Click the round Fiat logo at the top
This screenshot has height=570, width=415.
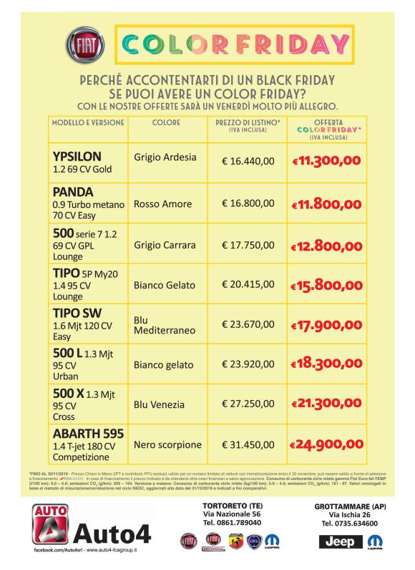(82, 46)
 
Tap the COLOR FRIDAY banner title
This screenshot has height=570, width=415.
(235, 45)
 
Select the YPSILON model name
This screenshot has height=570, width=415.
(77, 156)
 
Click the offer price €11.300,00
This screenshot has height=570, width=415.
(326, 161)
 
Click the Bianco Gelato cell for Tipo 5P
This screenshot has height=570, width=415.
(165, 285)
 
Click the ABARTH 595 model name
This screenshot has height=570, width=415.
(88, 434)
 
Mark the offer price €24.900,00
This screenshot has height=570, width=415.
(326, 445)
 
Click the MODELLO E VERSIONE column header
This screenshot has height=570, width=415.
(88, 123)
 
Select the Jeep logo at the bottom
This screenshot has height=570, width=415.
(340, 541)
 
